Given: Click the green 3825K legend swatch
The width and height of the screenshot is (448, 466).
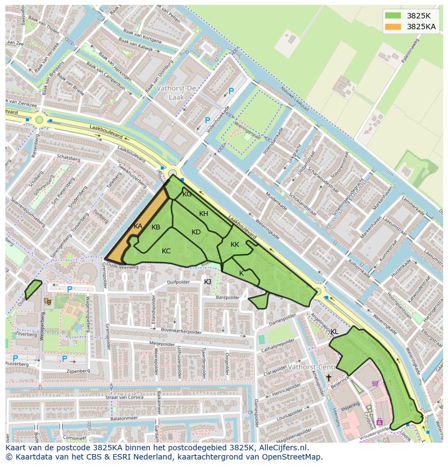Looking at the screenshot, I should click(394, 16).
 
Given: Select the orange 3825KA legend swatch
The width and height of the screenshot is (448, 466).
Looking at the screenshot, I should click(394, 27).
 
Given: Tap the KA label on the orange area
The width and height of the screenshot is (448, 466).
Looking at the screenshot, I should click(138, 226).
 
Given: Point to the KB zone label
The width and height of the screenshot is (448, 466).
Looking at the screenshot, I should click(156, 227).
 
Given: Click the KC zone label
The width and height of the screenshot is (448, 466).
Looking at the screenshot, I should click(166, 251).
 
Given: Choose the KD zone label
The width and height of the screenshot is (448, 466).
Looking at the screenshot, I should click(196, 232).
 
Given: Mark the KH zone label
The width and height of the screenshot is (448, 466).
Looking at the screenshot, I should click(203, 214).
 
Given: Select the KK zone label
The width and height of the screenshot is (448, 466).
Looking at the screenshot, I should click(235, 245).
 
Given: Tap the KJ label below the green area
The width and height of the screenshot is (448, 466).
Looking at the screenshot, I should click(208, 281).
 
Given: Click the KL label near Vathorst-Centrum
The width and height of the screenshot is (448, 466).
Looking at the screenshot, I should click(334, 332).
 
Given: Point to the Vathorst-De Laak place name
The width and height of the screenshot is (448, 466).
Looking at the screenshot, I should click(176, 92).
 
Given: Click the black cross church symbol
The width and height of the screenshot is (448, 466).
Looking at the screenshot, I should click(328, 377).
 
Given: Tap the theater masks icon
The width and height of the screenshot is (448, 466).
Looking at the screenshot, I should click(48, 300).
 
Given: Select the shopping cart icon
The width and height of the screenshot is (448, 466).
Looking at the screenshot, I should click(375, 384).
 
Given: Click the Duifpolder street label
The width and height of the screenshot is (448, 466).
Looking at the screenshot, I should click(179, 282).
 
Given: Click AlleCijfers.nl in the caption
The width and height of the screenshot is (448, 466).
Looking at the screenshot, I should click(281, 448).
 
